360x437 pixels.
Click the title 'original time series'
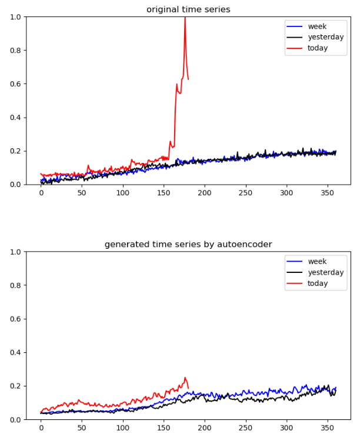coord(188,9)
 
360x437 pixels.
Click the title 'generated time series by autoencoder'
coord(188,244)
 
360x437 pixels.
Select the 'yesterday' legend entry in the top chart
coord(325,37)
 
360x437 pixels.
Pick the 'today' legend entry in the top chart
coord(318,48)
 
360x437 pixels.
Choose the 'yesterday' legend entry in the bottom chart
coord(325,272)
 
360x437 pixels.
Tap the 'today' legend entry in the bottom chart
coord(318,283)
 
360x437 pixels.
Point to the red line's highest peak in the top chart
coord(185,18)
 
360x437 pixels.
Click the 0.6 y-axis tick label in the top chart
coord(16,84)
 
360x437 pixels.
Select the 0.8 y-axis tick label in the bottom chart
coord(16,286)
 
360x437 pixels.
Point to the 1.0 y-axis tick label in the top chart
coord(16,17)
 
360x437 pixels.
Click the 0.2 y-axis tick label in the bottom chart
coord(16,386)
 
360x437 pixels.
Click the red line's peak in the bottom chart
coord(185,378)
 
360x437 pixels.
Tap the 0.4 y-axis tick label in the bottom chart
coord(16,353)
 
